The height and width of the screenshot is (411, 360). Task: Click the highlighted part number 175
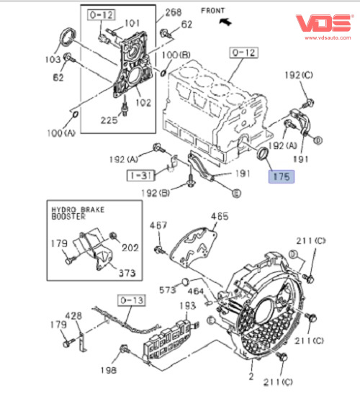(x=282, y=176)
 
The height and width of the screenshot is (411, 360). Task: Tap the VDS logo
(x=324, y=23)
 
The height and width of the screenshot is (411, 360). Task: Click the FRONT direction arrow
(x=226, y=22)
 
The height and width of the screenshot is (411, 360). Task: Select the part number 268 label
(x=174, y=12)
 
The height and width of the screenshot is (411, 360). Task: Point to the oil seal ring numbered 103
(x=68, y=37)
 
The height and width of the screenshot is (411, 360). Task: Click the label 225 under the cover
(x=109, y=120)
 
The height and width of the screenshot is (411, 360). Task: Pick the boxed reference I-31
(x=141, y=176)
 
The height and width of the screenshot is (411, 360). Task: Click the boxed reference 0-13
(x=131, y=300)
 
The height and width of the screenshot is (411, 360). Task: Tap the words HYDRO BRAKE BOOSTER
(x=78, y=213)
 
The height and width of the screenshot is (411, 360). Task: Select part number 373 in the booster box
(x=127, y=273)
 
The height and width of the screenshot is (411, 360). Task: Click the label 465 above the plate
(x=220, y=216)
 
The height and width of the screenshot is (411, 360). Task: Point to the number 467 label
(x=158, y=225)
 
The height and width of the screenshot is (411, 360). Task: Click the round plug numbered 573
(x=186, y=281)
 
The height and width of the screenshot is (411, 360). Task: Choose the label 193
(x=187, y=306)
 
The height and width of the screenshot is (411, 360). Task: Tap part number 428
(x=73, y=315)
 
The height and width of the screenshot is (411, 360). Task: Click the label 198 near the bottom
(x=108, y=370)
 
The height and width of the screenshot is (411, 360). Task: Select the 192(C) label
(x=299, y=76)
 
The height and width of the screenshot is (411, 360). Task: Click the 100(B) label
(x=176, y=55)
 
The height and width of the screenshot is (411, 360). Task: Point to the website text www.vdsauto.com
(x=328, y=37)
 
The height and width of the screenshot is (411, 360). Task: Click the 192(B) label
(x=156, y=193)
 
